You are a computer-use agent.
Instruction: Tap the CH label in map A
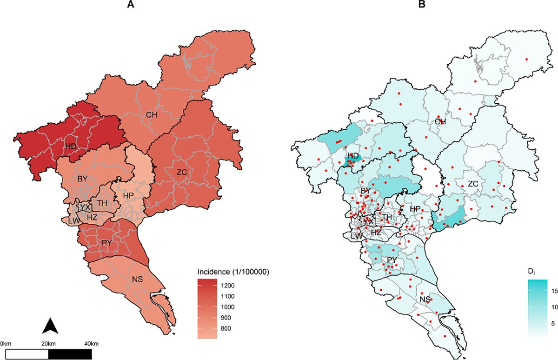(151, 114)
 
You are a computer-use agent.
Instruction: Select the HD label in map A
(71, 147)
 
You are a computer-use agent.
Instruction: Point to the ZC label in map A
(182, 172)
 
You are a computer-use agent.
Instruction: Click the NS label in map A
(137, 280)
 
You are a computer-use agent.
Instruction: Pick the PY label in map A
(107, 242)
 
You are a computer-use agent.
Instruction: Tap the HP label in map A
(128, 196)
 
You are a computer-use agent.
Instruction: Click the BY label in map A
(82, 178)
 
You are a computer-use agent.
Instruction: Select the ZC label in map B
(473, 184)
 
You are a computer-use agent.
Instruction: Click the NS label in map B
(425, 299)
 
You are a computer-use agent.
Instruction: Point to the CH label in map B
(440, 121)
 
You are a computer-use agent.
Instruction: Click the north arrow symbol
(50, 326)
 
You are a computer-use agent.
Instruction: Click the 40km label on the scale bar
(91, 344)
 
